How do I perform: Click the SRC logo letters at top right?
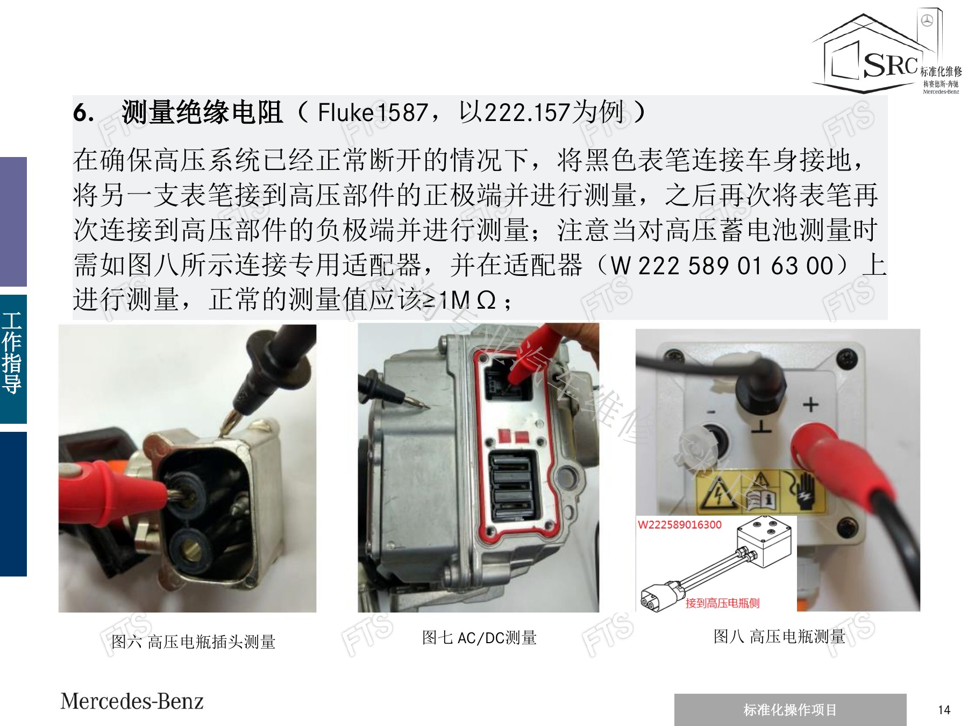[x=890, y=65]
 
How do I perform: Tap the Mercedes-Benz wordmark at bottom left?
[x=132, y=701]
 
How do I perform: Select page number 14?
[x=944, y=710]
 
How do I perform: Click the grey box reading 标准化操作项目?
[x=790, y=710]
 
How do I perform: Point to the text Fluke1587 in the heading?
[x=373, y=113]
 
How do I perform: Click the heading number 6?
[x=84, y=113]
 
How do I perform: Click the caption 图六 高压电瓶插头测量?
[x=193, y=642]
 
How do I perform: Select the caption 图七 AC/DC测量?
[x=479, y=638]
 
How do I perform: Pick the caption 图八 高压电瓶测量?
[x=779, y=637]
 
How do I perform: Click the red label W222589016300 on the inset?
[x=680, y=525]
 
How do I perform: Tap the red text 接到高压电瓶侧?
[x=722, y=603]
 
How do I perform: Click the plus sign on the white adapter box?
[x=810, y=404]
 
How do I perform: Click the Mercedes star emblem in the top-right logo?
[x=927, y=21]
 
